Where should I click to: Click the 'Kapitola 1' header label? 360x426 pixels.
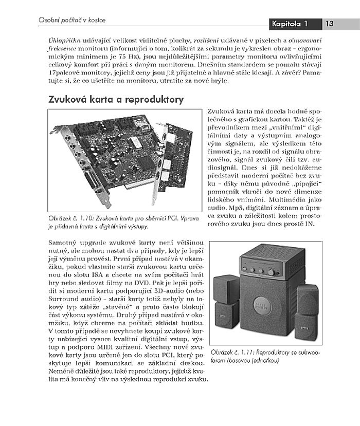290,24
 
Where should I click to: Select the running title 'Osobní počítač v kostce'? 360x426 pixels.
73,20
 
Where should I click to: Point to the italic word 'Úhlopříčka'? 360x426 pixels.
62,40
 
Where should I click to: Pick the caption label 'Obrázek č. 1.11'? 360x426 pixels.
233,354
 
